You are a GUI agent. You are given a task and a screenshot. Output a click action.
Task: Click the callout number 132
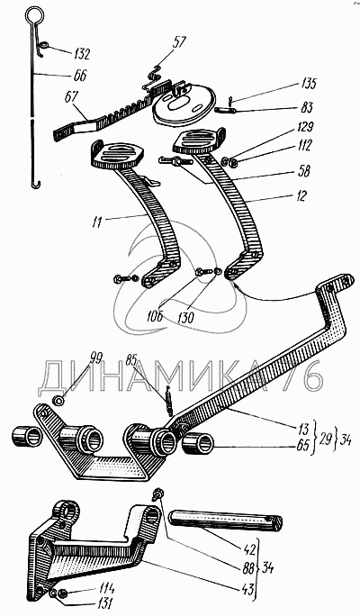pos(81,54)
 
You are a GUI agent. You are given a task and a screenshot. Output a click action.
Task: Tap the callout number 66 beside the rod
pos(80,75)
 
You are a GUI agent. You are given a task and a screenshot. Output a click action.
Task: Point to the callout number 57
pos(178,42)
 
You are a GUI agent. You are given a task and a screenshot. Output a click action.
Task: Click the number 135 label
pos(310,84)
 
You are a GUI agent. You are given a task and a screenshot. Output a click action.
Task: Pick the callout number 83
pos(308,107)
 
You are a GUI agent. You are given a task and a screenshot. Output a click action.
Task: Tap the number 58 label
pos(304,172)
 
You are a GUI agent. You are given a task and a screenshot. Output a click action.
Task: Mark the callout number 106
pos(155,316)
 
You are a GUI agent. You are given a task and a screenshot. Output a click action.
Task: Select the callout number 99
pos(95,358)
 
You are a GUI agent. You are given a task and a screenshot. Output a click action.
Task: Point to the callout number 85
pos(133,359)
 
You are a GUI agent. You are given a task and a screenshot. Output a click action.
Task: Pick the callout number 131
pos(105,602)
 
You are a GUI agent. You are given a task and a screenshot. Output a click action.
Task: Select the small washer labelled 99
pos(59,401)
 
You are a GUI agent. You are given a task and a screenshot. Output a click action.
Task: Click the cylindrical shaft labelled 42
pos(226,521)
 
